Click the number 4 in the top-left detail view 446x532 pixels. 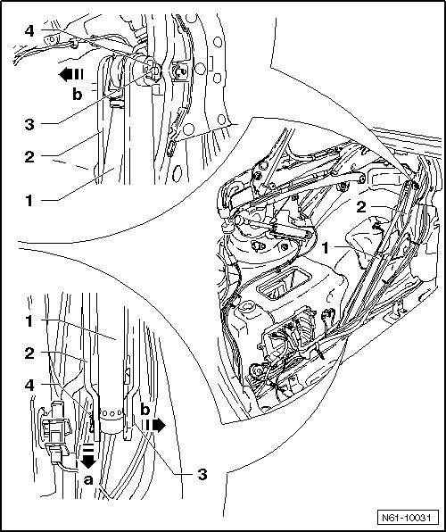pyautogui.click(x=29, y=31)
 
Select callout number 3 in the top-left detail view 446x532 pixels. pyautogui.click(x=29, y=124)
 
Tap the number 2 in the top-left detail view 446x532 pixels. pyautogui.click(x=29, y=157)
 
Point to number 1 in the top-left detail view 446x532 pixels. pyautogui.click(x=29, y=201)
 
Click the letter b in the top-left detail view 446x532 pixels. pyautogui.click(x=78, y=95)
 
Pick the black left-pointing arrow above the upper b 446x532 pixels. pyautogui.click(x=70, y=74)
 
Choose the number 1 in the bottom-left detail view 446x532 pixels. pyautogui.click(x=29, y=321)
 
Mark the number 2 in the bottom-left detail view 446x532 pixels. pyautogui.click(x=29, y=353)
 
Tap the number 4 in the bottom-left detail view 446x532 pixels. pyautogui.click(x=29, y=385)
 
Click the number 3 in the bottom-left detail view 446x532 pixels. pyautogui.click(x=202, y=474)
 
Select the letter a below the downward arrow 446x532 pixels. pyautogui.click(x=88, y=479)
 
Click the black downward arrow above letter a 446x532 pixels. pyautogui.click(x=88, y=457)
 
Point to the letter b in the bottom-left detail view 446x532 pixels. pyautogui.click(x=145, y=410)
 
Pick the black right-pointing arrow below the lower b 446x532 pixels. pyautogui.click(x=153, y=426)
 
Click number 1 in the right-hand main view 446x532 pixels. pyautogui.click(x=326, y=248)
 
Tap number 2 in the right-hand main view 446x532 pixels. pyautogui.click(x=361, y=207)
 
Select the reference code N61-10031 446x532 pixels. pyautogui.click(x=406, y=518)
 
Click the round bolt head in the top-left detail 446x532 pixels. pyautogui.click(x=154, y=71)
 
